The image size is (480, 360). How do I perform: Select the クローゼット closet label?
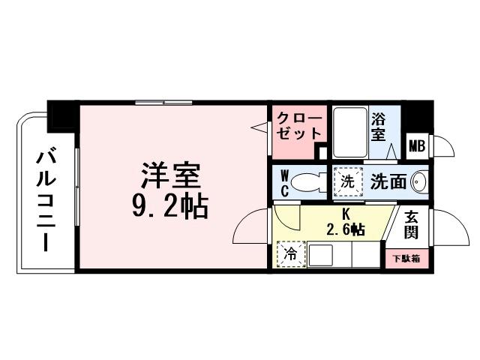[x=299, y=125]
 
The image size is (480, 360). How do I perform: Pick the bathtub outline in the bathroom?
[x=348, y=133]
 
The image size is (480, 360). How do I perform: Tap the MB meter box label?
[x=416, y=146]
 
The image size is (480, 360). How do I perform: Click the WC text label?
[x=285, y=182]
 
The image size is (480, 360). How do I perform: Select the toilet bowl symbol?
[x=308, y=182]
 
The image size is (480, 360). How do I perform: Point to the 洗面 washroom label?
[x=388, y=181]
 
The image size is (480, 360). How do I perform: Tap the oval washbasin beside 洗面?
[x=418, y=181]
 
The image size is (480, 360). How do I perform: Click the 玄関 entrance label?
[x=412, y=224]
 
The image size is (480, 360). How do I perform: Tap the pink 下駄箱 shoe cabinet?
[x=406, y=258]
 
